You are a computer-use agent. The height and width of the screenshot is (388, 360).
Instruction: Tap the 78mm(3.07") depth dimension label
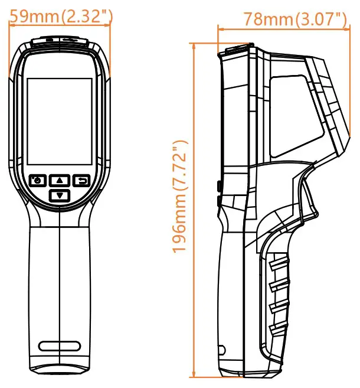(295, 19)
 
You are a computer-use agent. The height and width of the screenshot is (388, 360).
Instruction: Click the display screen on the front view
(60, 121)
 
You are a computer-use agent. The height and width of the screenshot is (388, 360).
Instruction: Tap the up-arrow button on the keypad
(59, 180)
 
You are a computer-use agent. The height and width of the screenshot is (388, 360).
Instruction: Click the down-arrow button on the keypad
(59, 194)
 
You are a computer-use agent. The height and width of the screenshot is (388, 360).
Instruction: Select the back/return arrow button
(81, 180)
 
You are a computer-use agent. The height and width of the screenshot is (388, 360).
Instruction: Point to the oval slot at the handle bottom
(59, 346)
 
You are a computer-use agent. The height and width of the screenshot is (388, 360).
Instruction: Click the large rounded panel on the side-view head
(289, 115)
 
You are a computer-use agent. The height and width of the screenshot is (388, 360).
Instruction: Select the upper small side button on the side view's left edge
(219, 186)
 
